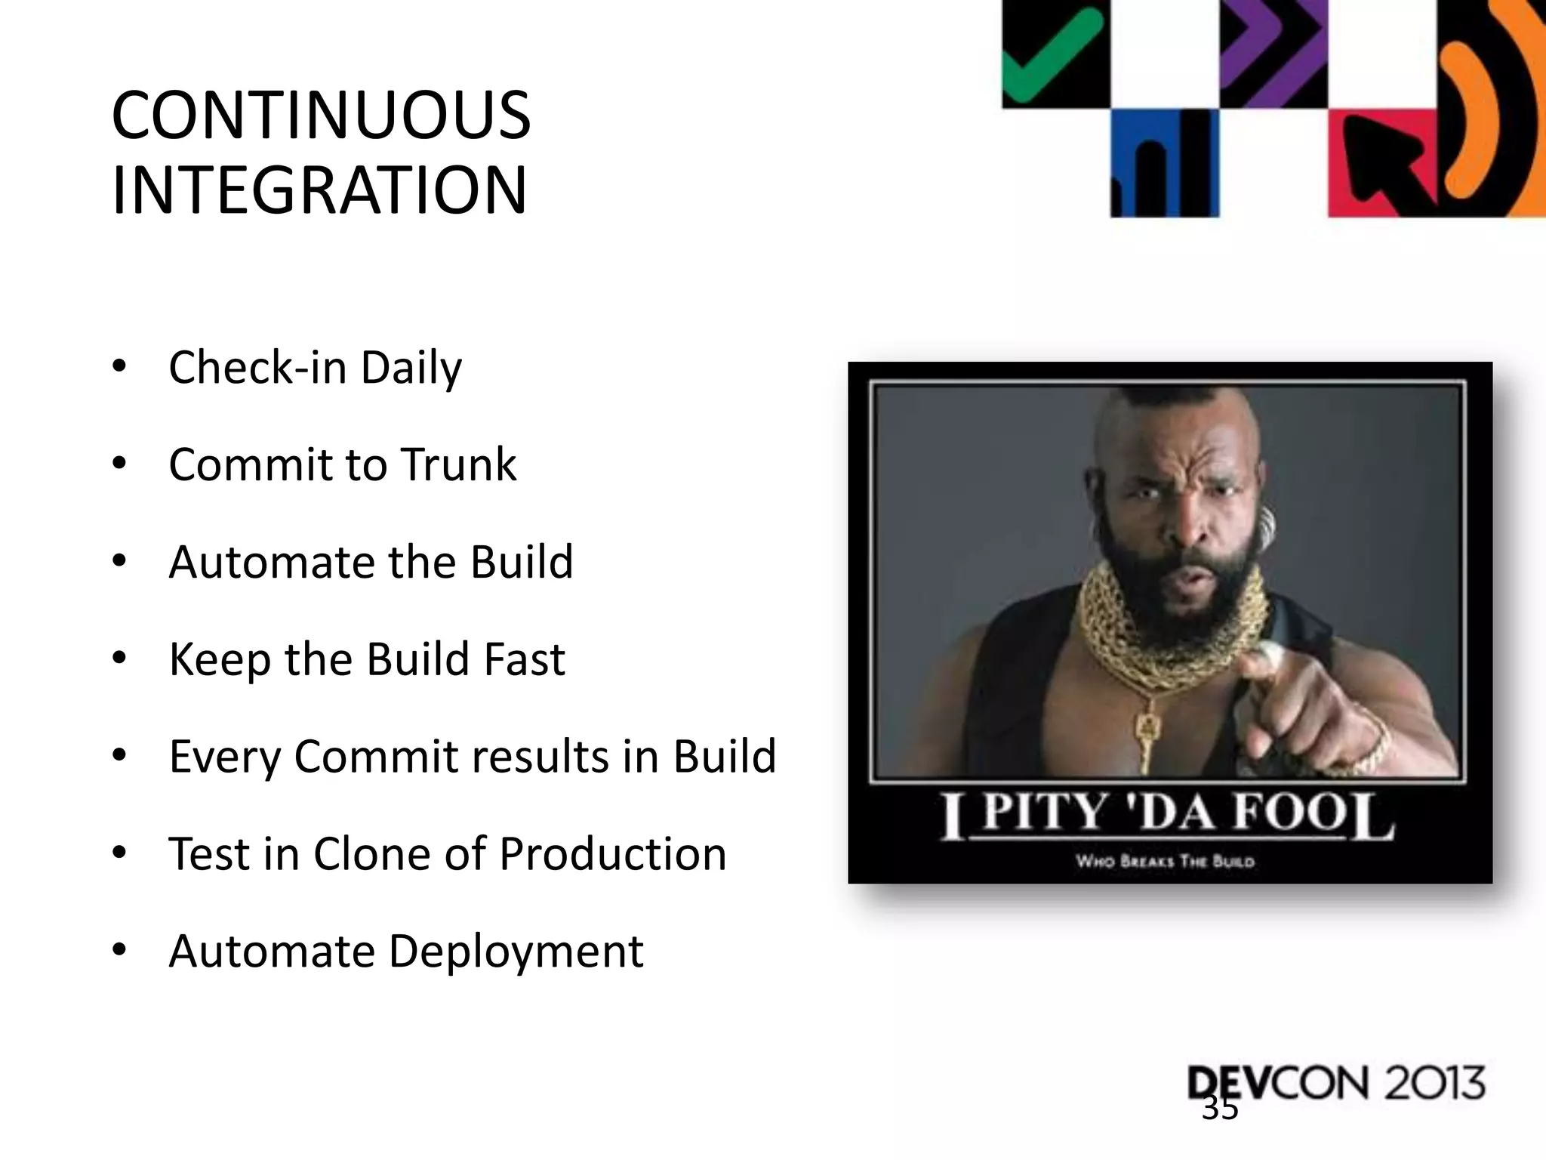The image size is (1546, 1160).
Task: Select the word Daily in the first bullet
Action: [411, 368]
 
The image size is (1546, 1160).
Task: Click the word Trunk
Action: [458, 464]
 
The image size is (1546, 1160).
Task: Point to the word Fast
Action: [525, 659]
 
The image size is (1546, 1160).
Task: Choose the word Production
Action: [612, 854]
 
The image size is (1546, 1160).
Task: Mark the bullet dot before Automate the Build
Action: [119, 562]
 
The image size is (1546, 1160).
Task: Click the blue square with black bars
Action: [1164, 162]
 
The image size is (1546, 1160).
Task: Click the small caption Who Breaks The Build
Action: [1165, 862]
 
